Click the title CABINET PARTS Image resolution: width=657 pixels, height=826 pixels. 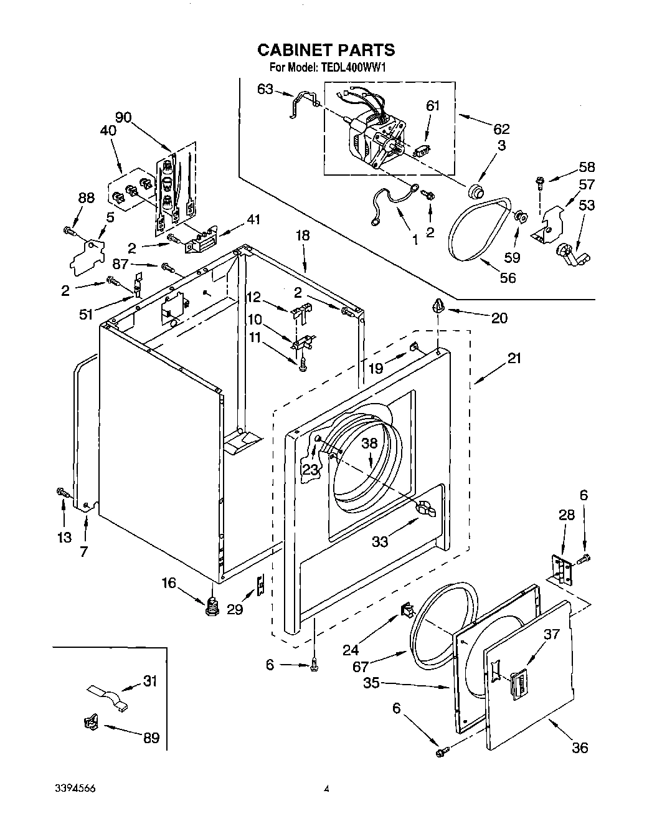(x=326, y=50)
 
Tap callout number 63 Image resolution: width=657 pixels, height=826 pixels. (x=265, y=89)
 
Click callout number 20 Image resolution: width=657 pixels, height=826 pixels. (x=499, y=318)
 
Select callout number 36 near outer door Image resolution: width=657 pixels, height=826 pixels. (x=579, y=748)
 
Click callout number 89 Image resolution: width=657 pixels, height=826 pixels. (x=151, y=739)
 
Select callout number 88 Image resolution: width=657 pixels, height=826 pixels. (x=86, y=198)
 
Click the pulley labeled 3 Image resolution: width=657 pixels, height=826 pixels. (x=477, y=190)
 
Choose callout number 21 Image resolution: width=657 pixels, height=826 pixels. (x=514, y=358)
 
